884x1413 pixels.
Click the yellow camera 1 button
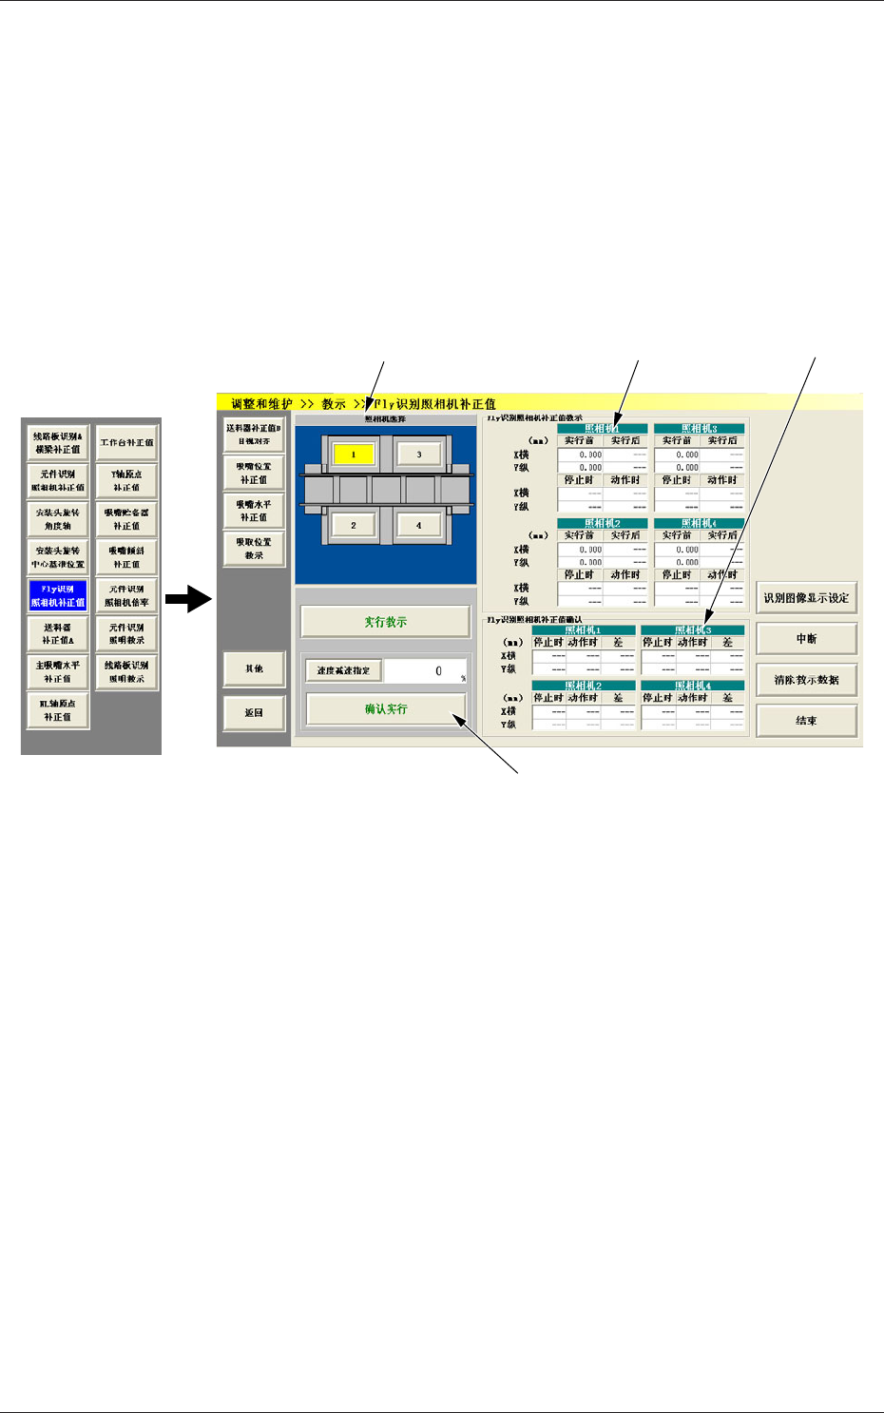(354, 455)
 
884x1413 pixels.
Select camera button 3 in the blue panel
(418, 455)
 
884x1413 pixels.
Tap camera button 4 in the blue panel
(418, 525)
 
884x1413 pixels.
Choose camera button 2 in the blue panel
(354, 525)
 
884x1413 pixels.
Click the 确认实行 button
(386, 709)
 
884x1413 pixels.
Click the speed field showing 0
(426, 670)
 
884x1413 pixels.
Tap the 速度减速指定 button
(343, 670)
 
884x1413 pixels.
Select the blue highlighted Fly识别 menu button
(58, 595)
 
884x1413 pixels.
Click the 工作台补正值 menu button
(127, 443)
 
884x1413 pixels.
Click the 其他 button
(254, 668)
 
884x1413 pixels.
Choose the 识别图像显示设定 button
(806, 598)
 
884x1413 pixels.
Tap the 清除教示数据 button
(806, 680)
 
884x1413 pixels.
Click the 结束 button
(806, 721)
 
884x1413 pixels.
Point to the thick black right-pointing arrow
(187, 599)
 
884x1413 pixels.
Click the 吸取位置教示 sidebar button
(254, 549)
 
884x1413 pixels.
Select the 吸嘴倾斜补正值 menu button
(127, 557)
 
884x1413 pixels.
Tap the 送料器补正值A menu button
(58, 633)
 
